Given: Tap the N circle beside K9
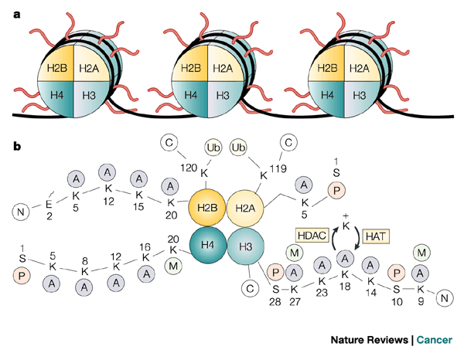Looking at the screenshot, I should [x=444, y=297].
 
